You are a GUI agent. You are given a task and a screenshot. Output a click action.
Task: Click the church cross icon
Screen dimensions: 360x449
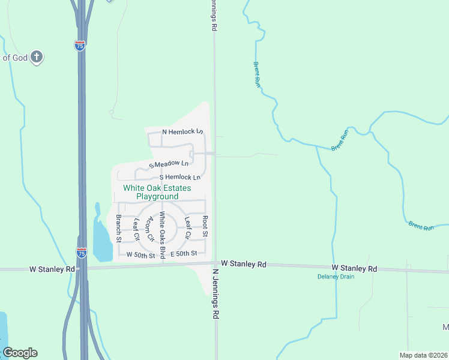pos(36,58)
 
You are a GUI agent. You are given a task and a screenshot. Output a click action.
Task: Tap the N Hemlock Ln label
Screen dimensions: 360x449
pos(183,131)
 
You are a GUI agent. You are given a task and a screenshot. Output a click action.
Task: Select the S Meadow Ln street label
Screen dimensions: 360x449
pos(169,164)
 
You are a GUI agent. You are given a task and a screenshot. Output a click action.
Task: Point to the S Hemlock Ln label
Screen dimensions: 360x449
pos(179,178)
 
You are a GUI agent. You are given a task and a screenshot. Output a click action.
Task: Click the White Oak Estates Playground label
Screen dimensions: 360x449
pos(151,192)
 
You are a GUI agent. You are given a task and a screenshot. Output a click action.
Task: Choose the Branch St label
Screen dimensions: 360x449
pos(119,228)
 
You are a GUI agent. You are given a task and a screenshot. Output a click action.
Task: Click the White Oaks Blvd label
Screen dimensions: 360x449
pos(162,235)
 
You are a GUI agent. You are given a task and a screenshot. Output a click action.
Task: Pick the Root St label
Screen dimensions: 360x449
pos(205,226)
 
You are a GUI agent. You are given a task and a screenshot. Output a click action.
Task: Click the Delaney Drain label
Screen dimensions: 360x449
pos(336,277)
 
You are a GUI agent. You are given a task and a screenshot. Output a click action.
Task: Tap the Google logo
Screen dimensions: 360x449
pos(20,353)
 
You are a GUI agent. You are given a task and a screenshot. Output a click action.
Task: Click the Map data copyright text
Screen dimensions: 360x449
pos(423,355)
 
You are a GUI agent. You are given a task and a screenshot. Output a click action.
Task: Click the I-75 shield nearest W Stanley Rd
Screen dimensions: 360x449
pos(81,253)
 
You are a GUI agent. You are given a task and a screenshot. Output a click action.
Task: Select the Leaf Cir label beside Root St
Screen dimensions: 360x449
pos(188,229)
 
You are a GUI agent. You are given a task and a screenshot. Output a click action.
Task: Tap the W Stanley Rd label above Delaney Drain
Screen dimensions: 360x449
pos(354,268)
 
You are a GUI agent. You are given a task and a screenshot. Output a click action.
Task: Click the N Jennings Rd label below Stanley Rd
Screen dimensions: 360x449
pos(214,293)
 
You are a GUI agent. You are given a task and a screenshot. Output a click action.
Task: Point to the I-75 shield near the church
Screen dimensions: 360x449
pos(80,46)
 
